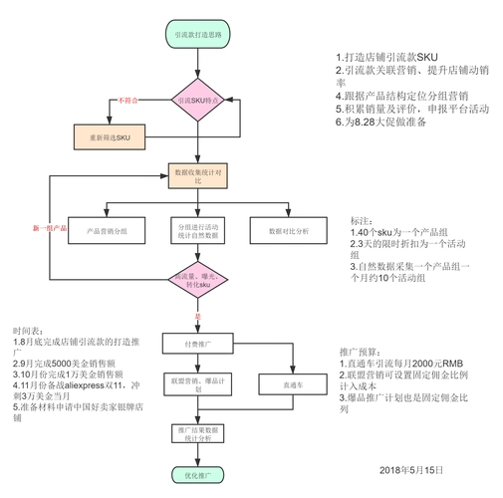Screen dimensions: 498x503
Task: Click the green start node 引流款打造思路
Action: coord(199,35)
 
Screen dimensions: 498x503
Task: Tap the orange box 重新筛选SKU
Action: coord(110,136)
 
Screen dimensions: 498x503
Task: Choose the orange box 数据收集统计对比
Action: coord(198,175)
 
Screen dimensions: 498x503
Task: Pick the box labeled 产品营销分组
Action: coord(108,230)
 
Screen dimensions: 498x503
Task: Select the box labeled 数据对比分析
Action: coord(289,230)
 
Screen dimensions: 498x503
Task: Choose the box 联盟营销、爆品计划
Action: coord(198,384)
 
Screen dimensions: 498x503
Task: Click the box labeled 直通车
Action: coord(289,384)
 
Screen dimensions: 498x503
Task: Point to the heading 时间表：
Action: coord(28,330)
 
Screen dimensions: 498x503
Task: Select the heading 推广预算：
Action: coord(359,353)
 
